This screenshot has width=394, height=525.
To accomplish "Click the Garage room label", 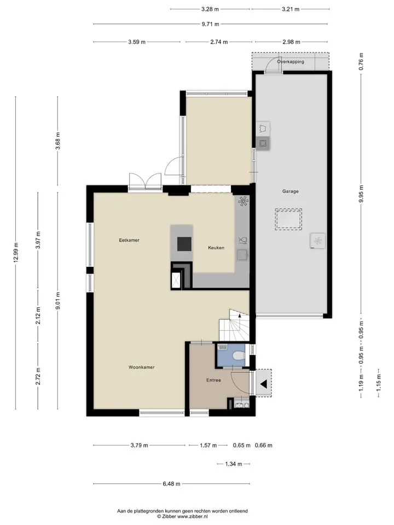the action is click(x=290, y=191).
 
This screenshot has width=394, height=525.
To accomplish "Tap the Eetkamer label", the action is click(x=129, y=240).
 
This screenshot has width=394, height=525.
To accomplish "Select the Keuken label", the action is click(x=216, y=248).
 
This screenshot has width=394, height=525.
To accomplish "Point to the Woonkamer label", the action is click(x=141, y=367).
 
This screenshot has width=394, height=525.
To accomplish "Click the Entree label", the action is click(x=213, y=380).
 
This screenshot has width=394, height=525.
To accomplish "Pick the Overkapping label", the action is click(x=291, y=62).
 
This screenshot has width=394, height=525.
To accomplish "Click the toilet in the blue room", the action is click(x=238, y=355).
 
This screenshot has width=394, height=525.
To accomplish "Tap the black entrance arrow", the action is click(x=264, y=384).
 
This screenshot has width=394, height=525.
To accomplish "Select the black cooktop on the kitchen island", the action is click(x=184, y=244).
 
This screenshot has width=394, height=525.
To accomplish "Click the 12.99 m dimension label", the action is click(x=16, y=253).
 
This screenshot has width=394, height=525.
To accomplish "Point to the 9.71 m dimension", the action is click(x=210, y=24).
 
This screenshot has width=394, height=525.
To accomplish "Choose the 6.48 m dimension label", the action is click(x=171, y=483).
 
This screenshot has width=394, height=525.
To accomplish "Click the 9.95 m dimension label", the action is click(x=361, y=194).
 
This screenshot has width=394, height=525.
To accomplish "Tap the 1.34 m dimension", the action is click(x=234, y=464).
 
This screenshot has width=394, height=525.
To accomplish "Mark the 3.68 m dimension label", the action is click(x=58, y=141).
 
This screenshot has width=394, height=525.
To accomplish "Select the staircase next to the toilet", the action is click(x=235, y=325).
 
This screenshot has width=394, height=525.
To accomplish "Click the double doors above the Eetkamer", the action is click(x=145, y=182).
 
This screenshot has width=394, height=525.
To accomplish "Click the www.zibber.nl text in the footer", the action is click(x=193, y=516).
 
